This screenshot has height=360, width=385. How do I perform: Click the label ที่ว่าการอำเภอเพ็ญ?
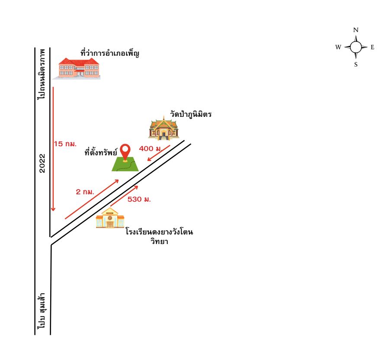[x=110, y=53]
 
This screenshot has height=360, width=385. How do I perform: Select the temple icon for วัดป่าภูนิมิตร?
[x=164, y=129]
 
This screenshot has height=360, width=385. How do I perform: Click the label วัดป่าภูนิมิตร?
[x=191, y=114]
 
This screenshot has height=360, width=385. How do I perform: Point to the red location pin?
[x=125, y=152]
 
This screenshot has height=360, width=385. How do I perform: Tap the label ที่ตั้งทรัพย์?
[x=101, y=152]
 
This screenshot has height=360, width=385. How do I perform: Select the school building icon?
[x=110, y=218]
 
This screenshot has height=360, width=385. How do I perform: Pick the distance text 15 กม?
[x=65, y=144]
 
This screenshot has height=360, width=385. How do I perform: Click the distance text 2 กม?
[x=85, y=192]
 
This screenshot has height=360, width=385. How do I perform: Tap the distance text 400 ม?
[x=151, y=148]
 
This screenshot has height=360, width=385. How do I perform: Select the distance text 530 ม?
[x=139, y=199]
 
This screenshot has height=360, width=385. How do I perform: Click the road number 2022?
[x=42, y=163]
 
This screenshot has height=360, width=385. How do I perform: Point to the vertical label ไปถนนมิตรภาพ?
[x=42, y=74]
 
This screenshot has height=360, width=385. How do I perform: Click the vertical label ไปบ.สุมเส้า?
[x=42, y=311]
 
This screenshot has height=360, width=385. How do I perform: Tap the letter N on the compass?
[x=356, y=30]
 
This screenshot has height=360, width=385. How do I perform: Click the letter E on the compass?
[x=372, y=47]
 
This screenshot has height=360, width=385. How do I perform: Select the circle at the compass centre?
[x=356, y=47]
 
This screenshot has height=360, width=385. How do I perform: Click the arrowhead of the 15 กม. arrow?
[x=53, y=209]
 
